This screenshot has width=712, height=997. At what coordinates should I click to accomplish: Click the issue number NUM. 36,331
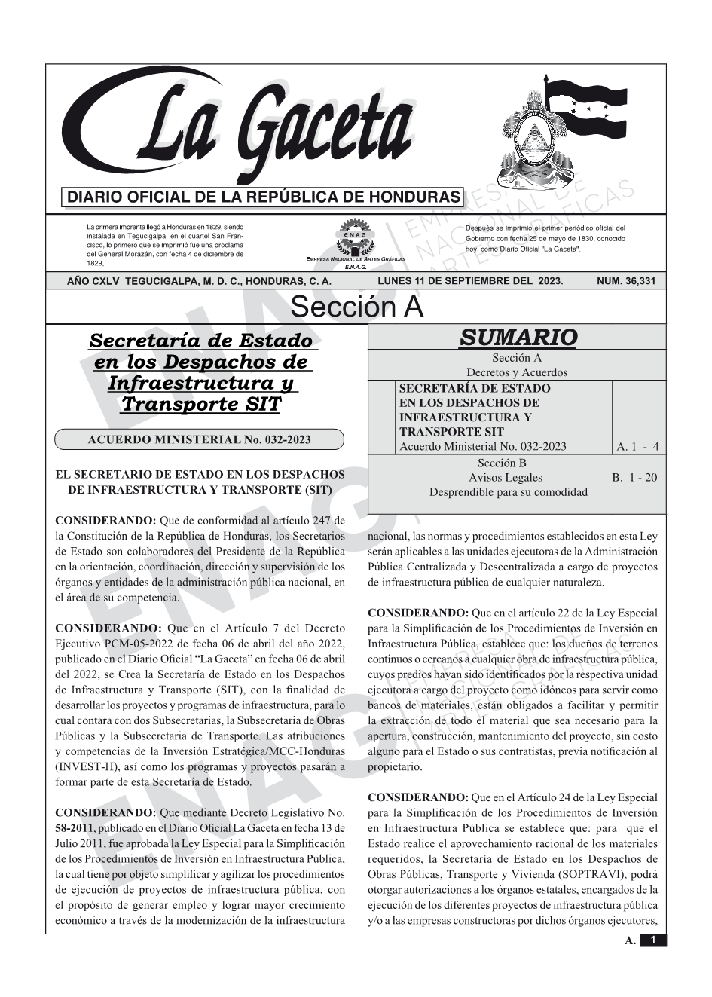pyautogui.click(x=626, y=281)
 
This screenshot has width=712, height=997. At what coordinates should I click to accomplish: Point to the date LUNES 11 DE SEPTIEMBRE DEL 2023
pyautogui.click(x=470, y=281)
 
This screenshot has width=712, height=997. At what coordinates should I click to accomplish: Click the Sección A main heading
pyautogui.click(x=356, y=307)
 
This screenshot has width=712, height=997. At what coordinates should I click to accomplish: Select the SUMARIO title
pyautogui.click(x=518, y=338)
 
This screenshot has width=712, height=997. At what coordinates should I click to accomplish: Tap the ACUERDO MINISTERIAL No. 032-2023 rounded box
pyautogui.click(x=200, y=440)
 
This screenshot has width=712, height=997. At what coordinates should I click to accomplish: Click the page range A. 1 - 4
pyautogui.click(x=637, y=447)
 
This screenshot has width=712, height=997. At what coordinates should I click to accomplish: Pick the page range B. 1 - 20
pyautogui.click(x=634, y=478)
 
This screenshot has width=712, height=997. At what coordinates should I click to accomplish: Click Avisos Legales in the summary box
pyautogui.click(x=505, y=478)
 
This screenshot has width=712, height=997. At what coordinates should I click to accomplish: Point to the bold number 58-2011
pyautogui.click(x=74, y=828)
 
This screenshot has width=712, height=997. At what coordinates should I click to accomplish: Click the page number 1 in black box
pyautogui.click(x=653, y=940)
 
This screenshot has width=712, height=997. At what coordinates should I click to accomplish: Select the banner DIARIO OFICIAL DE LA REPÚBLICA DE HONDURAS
pyautogui.click(x=264, y=197)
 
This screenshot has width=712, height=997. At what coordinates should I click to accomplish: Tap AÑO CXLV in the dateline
pyautogui.click(x=93, y=281)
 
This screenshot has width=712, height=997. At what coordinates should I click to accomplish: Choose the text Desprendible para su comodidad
pyautogui.click(x=508, y=492)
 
